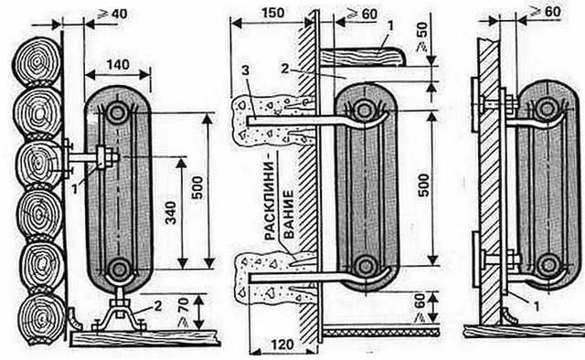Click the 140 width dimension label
point(118,65)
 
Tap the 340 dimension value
point(171,213)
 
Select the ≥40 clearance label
point(112,15)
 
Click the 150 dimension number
point(272,13)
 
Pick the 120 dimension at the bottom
point(282,344)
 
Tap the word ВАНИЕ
point(289,215)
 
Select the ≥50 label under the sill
point(421,37)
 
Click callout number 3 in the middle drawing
point(245,70)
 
